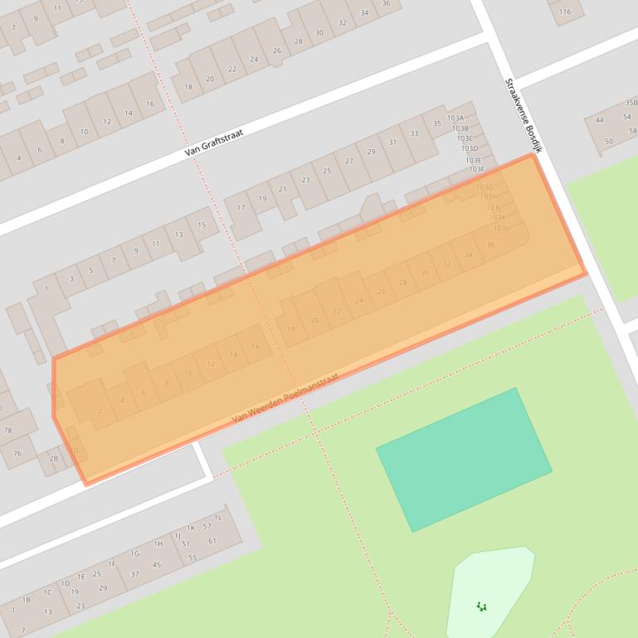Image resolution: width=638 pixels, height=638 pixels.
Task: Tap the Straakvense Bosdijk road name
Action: point(523,115)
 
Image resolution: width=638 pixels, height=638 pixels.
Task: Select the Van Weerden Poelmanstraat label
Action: point(285,399)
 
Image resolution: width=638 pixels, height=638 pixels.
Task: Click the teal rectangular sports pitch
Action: point(464,459)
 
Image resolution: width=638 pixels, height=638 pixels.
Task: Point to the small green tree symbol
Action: point(482,607)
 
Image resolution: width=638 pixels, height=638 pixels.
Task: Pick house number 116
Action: point(565,12)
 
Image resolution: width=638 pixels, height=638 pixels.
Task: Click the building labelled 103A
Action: point(455,118)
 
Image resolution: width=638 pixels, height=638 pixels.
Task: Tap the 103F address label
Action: point(476,170)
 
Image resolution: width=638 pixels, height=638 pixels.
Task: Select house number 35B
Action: point(631,103)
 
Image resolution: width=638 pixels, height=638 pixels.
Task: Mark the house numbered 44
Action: point(599,120)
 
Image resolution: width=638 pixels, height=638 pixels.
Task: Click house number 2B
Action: point(54,458)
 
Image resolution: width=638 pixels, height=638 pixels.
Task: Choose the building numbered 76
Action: point(17,453)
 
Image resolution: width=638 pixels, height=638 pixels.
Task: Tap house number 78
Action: point(7,430)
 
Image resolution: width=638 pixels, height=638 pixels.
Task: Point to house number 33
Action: point(414,133)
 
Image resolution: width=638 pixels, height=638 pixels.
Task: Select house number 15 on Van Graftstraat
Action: point(202,225)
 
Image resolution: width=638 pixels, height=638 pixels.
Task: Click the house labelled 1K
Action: point(190,528)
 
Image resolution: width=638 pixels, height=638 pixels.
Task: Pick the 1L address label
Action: point(218,517)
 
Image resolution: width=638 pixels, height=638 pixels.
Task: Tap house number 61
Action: point(212,541)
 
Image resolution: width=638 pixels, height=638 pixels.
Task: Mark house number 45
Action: point(157,565)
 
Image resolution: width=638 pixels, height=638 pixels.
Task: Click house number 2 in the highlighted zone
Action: point(100,411)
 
